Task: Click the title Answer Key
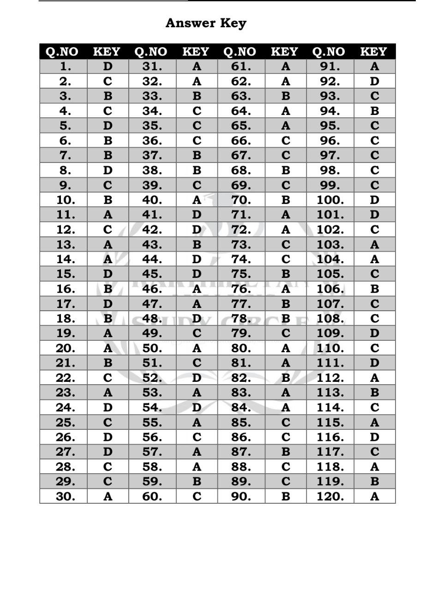pos(206,23)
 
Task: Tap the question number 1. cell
pos(66,66)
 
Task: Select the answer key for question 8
pos(108,170)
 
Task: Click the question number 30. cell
pos(66,496)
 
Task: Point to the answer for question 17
pos(108,304)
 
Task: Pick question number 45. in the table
pos(152,274)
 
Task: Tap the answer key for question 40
pos(197,200)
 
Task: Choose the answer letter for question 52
pos(197,378)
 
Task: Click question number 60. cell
pos(152,496)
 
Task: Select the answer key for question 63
pos(286,96)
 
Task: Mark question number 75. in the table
pos(241,274)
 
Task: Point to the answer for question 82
pos(286,378)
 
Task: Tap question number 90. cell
pos(241,496)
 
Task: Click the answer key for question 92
pos(374,81)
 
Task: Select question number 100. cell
pos(330,200)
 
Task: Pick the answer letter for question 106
pos(374,289)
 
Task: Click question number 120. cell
pos(330,496)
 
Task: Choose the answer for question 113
pos(374,392)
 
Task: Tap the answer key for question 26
pos(108,437)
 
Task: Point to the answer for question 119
pos(374,482)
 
